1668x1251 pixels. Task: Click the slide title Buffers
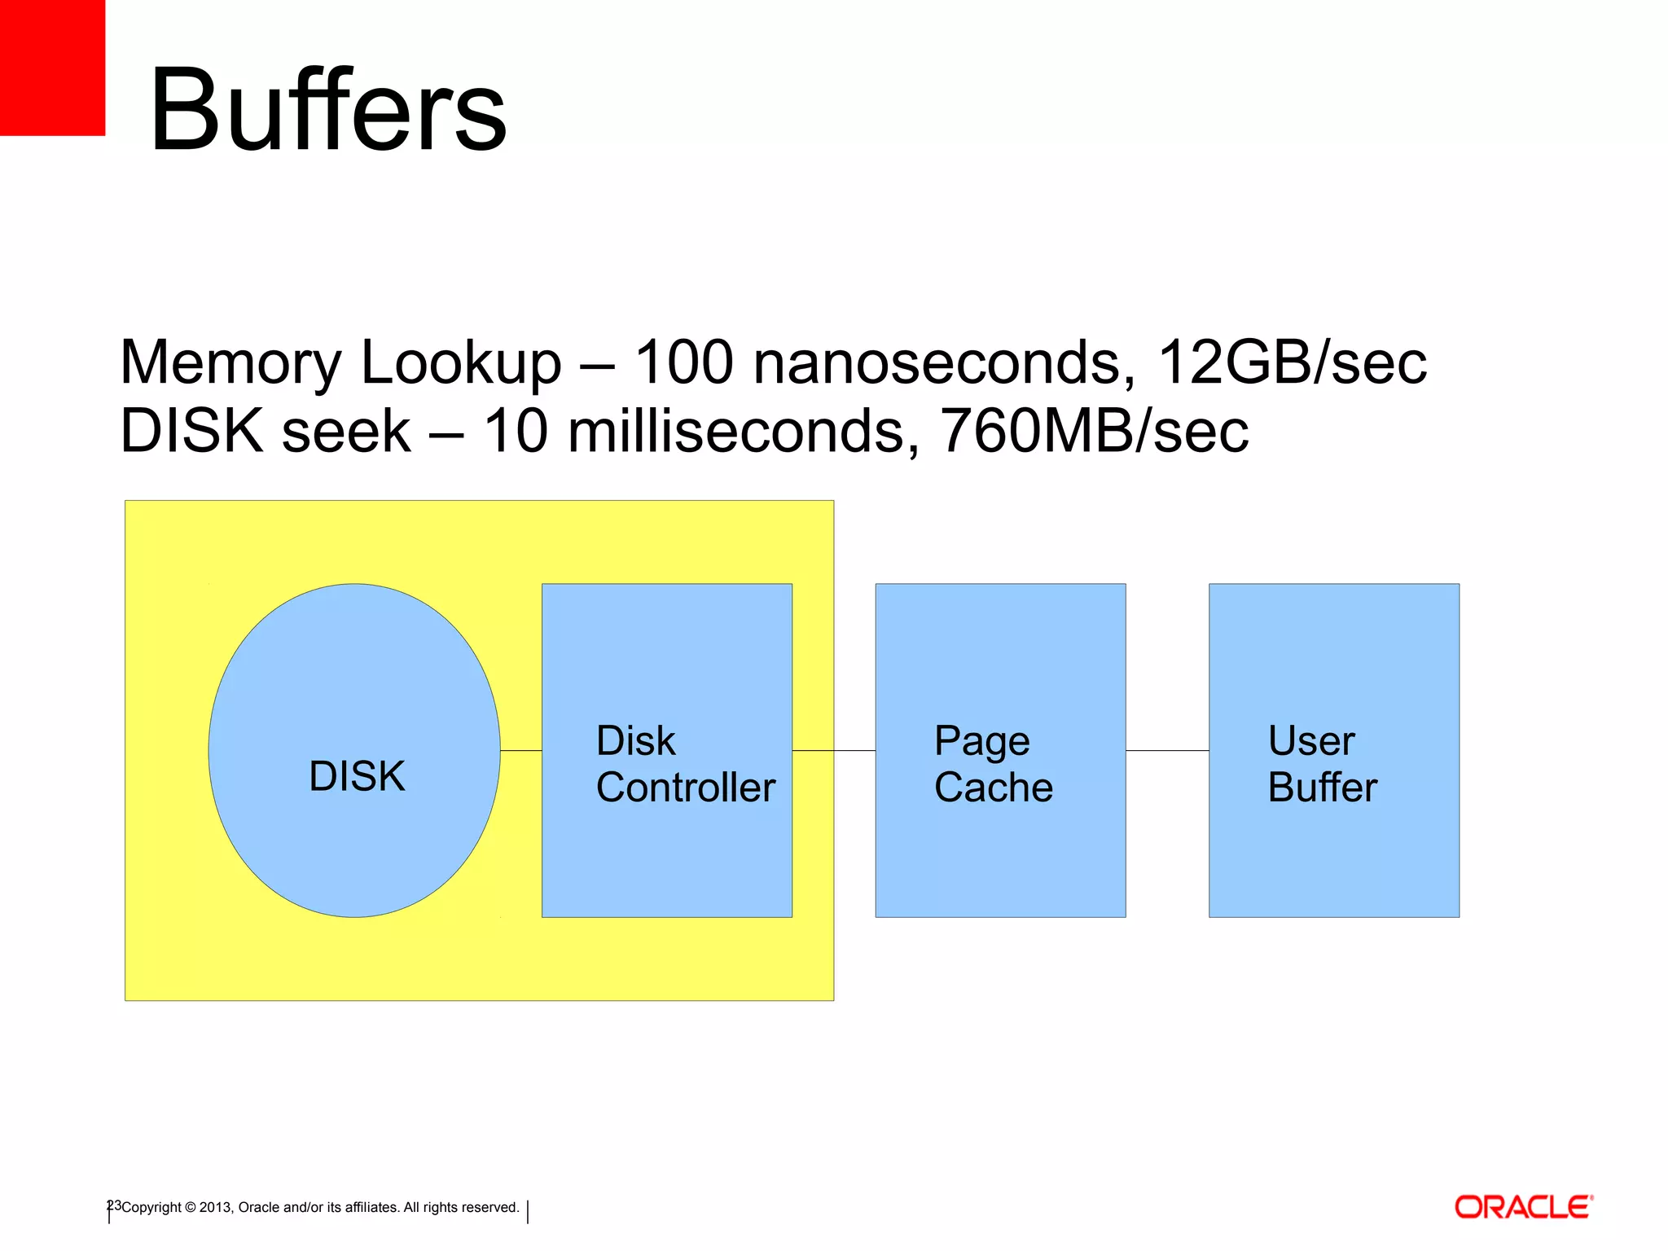coord(327,110)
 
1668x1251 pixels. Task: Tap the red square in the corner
coord(52,67)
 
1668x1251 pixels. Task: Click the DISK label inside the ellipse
coord(357,775)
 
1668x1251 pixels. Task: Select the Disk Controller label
coord(685,764)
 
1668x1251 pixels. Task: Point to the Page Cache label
coord(993,764)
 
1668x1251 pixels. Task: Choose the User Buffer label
coord(1322,764)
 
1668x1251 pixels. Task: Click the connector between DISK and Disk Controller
coord(521,750)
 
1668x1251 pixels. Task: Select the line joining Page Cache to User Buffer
coord(1167,750)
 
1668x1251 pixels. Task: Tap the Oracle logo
coord(1523,1206)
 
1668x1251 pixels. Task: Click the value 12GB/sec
coord(1291,362)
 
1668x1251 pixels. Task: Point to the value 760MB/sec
coord(1094,430)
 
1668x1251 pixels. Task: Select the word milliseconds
coord(744,430)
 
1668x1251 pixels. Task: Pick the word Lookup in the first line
coord(460,363)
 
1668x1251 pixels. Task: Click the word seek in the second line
coord(346,430)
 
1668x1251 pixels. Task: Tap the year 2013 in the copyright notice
coord(215,1207)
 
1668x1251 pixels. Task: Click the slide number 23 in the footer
coord(114,1205)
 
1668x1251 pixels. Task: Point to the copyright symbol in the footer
coord(191,1208)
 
